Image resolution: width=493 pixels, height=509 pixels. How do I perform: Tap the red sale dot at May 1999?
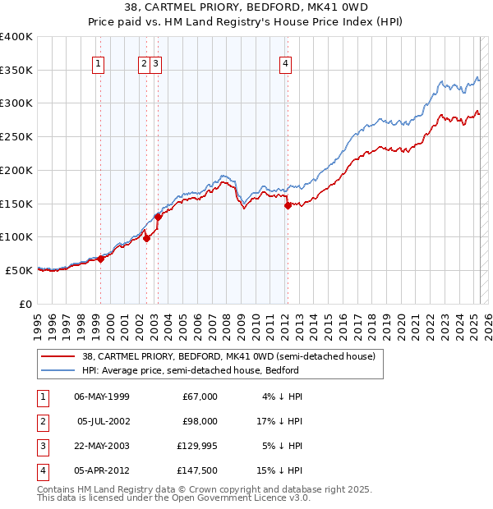click(x=100, y=259)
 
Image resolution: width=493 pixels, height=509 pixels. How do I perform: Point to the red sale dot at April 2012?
click(x=288, y=206)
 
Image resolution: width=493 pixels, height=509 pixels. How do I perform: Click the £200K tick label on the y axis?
click(x=16, y=170)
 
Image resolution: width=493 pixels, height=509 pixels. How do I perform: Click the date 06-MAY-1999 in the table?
click(x=102, y=397)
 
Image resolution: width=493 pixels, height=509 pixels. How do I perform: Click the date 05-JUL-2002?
click(x=104, y=421)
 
